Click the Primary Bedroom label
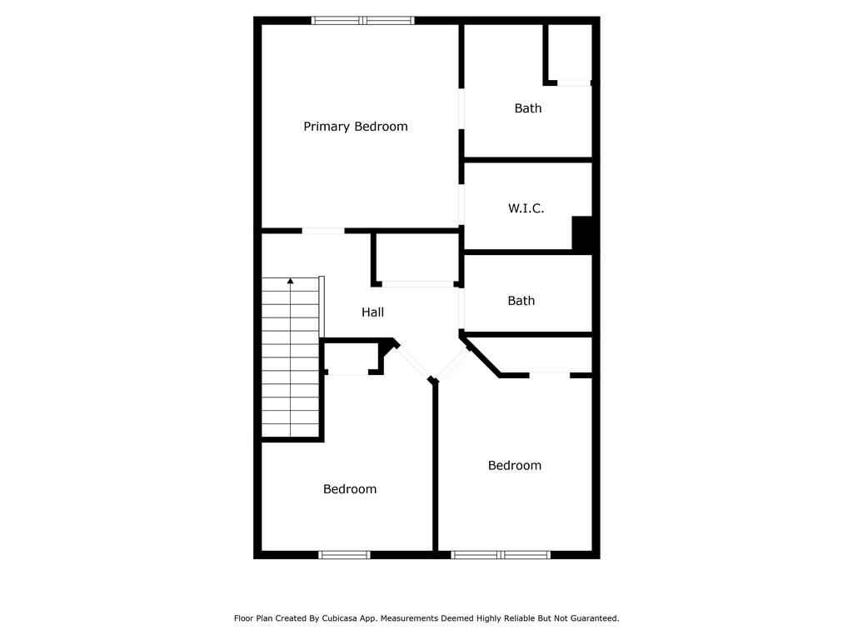[355, 127]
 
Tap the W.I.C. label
[526, 207]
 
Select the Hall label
[372, 312]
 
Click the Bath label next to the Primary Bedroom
[527, 108]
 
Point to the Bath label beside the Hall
[521, 300]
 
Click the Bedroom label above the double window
[515, 465]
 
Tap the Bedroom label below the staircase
[350, 488]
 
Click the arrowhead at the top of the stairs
[291, 281]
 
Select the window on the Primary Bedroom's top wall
[363, 21]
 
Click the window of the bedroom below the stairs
[344, 554]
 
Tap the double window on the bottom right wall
[501, 554]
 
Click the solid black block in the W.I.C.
[582, 233]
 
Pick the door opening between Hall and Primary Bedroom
[323, 231]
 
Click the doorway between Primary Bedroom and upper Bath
[461, 109]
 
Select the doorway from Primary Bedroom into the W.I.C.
[461, 205]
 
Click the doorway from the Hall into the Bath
[461, 308]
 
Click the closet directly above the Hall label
[417, 258]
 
